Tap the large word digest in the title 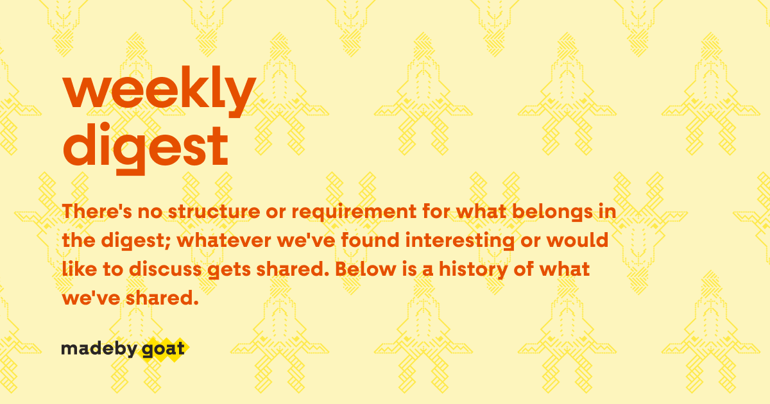145,146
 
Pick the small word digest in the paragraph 126,242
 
